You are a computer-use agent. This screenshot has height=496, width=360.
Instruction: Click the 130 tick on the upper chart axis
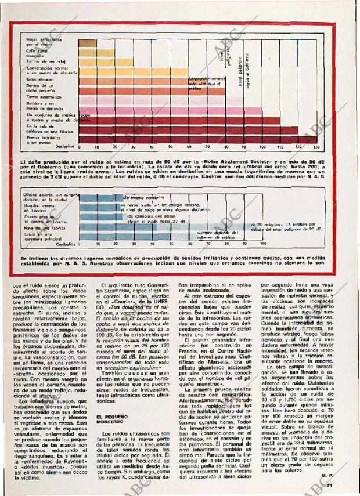(315, 147)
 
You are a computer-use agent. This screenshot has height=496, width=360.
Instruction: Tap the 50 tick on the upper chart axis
(171, 147)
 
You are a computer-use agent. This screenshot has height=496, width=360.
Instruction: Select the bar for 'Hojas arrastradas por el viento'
(87, 43)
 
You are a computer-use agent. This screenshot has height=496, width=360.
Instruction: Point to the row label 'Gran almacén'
(40, 79)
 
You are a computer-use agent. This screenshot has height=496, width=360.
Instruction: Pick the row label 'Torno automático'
(44, 96)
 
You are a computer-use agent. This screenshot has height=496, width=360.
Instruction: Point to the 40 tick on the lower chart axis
(153, 244)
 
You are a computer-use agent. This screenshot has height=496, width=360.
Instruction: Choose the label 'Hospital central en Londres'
(39, 208)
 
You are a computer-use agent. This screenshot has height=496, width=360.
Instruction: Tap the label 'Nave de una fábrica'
(44, 227)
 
